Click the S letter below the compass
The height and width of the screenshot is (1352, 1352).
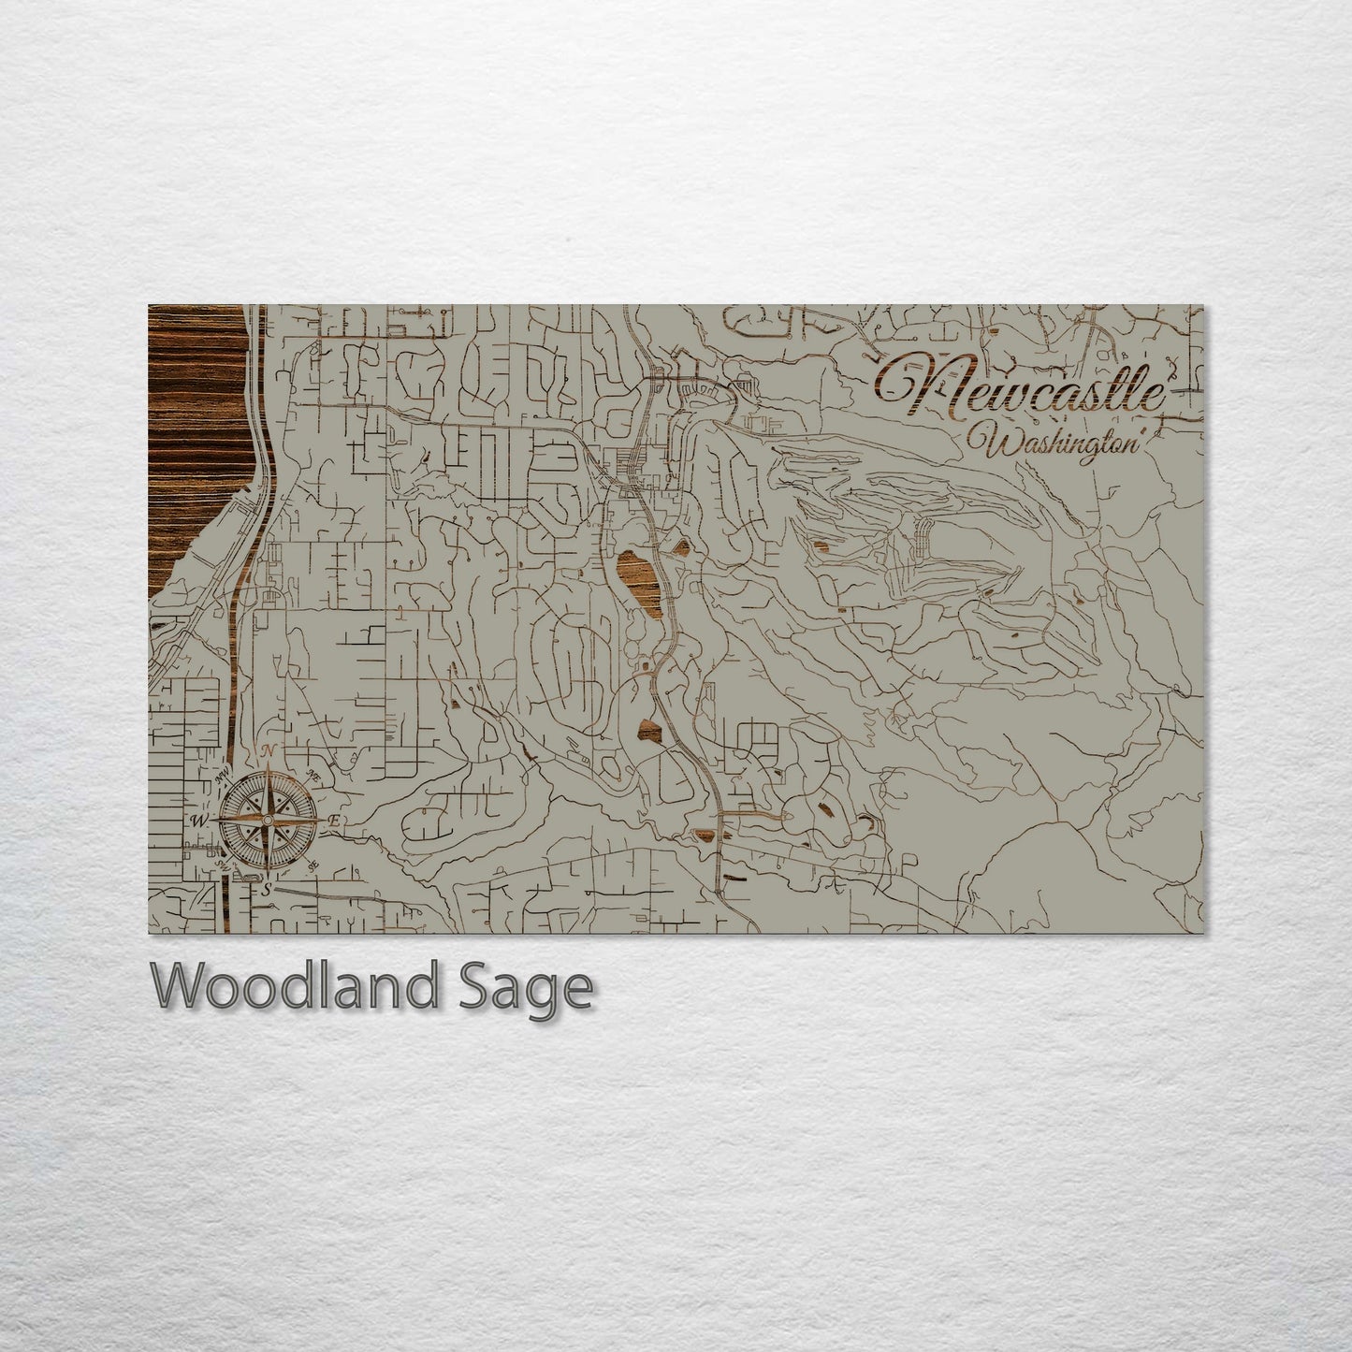point(267,889)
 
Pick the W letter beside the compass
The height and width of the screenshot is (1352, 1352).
point(198,821)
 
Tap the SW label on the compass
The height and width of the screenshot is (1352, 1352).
point(224,865)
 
